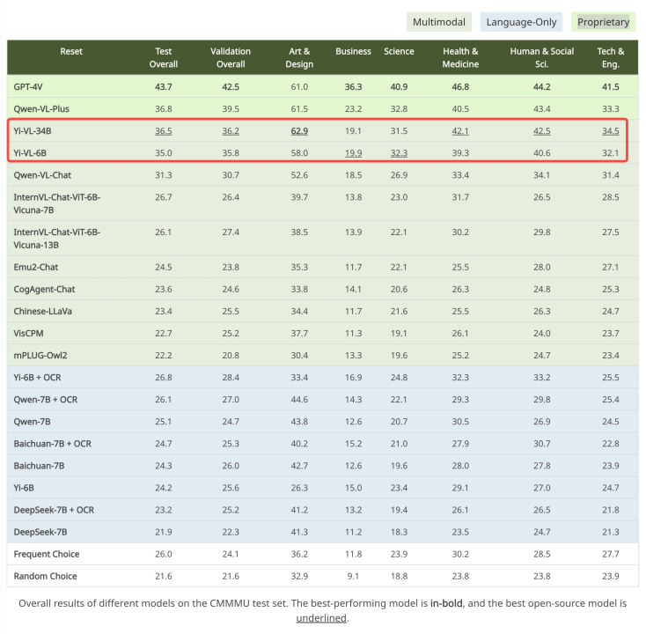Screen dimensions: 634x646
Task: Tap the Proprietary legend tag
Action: [x=603, y=22]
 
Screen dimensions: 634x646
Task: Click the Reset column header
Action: [x=71, y=51]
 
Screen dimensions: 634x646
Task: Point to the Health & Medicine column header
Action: [x=460, y=57]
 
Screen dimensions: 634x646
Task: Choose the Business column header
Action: [x=353, y=51]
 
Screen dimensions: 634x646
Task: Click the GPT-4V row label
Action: [x=32, y=86]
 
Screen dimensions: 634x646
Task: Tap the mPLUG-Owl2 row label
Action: [x=40, y=354]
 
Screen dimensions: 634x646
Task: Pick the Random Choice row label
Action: [x=45, y=576]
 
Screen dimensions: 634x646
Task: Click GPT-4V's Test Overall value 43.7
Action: [x=164, y=86]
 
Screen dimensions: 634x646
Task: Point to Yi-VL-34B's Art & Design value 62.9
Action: [x=298, y=130]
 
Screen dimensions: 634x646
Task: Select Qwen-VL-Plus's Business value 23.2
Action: [x=353, y=108]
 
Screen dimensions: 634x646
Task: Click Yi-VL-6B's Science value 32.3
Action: [x=399, y=152]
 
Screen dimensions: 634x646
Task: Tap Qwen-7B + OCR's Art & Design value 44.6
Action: [x=298, y=399]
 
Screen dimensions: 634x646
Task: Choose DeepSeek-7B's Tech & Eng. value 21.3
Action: [x=610, y=532]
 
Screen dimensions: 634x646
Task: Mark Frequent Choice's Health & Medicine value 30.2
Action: [x=460, y=554]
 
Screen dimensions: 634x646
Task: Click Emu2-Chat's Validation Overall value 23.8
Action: [x=231, y=266]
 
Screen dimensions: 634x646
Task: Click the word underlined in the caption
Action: [x=322, y=618]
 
